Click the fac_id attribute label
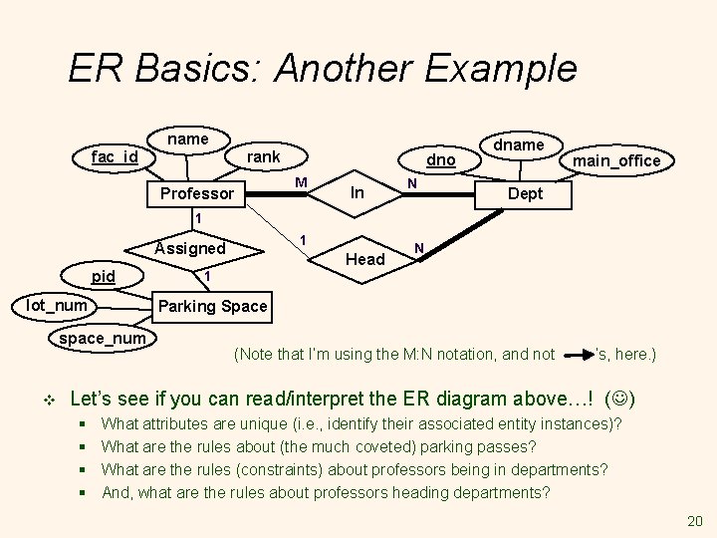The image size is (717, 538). (115, 157)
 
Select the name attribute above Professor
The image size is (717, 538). (188, 139)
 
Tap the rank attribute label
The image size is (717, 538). (264, 156)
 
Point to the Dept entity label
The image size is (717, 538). (525, 193)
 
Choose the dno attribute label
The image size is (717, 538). (441, 159)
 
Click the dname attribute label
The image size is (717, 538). (520, 145)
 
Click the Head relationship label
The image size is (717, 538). (364, 259)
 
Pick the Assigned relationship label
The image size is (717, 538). (191, 248)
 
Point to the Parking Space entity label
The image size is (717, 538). (213, 306)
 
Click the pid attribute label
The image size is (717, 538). (103, 276)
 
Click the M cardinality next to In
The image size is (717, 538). (301, 182)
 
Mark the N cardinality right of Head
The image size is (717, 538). (419, 247)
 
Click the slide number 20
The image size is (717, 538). (694, 521)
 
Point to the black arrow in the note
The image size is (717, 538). (578, 353)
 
